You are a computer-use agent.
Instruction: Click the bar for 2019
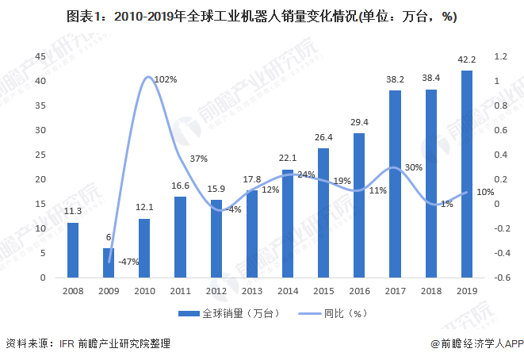[467, 174]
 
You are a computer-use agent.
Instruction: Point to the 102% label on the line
[165, 79]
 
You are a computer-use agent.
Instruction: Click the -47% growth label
[129, 261]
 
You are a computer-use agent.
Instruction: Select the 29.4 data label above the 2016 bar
[359, 121]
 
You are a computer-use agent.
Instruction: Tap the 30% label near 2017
[412, 167]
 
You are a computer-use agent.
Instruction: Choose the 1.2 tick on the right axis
[500, 56]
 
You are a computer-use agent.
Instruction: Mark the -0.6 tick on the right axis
[502, 278]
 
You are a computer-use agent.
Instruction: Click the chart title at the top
[262, 16]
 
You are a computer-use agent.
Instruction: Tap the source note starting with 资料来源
[87, 344]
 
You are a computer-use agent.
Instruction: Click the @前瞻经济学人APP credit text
[473, 344]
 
